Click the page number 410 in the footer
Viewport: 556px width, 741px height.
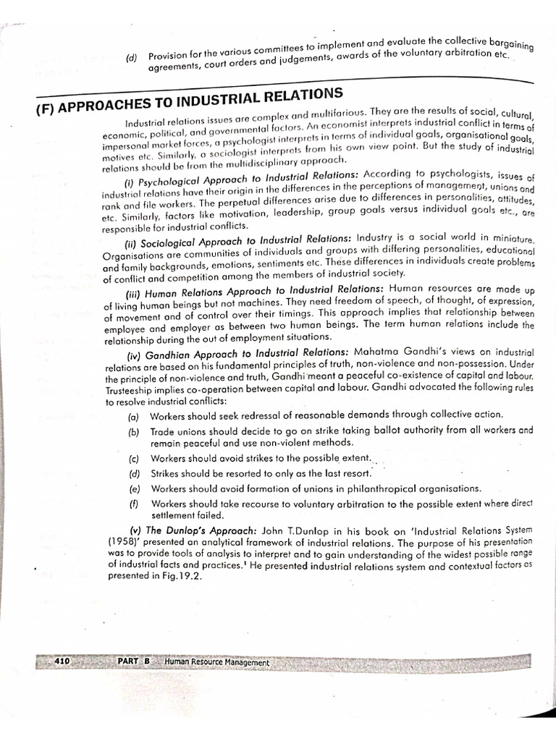click(61, 661)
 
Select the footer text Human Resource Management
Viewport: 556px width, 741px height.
click(216, 663)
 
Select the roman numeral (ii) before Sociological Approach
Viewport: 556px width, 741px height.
click(135, 240)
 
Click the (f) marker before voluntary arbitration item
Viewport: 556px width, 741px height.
click(133, 504)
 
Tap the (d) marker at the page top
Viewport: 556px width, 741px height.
click(131, 58)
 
